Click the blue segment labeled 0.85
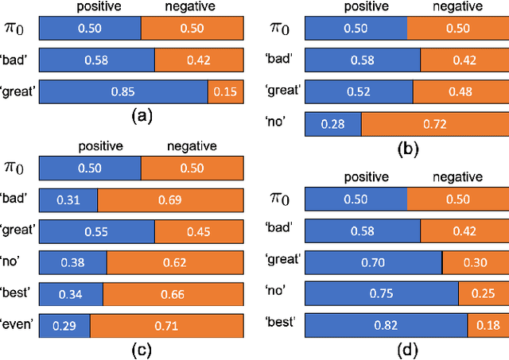tap(123, 92)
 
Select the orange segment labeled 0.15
tap(225, 92)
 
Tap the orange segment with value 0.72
tap(434, 124)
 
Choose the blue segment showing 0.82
tap(387, 324)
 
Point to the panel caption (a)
tap(141, 118)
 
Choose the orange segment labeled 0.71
tap(166, 324)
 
